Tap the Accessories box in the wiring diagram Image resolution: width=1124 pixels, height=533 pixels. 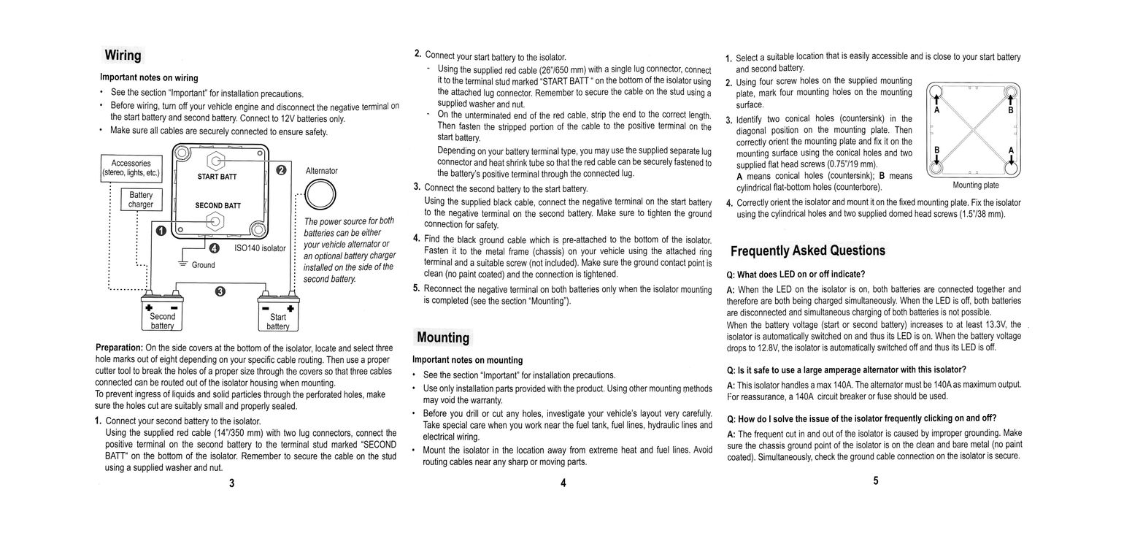(x=131, y=168)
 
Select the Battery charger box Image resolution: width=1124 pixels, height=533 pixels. (x=141, y=199)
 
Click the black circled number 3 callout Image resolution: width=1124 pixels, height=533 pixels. (x=220, y=292)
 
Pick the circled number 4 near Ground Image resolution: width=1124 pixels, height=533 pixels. (x=215, y=248)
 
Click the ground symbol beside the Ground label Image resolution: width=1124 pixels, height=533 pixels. (x=183, y=264)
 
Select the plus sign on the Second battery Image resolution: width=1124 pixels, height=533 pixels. (x=148, y=308)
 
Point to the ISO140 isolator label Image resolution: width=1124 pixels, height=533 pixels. (x=260, y=248)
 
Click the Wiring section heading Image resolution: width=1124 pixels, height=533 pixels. (x=123, y=55)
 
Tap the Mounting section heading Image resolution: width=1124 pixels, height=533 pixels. (x=443, y=337)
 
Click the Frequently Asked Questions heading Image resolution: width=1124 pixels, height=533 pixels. (x=808, y=250)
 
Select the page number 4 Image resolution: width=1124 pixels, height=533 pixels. (x=563, y=482)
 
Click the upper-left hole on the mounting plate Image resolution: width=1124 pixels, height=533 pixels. (x=937, y=93)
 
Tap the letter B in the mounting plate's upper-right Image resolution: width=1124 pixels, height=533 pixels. (x=1011, y=111)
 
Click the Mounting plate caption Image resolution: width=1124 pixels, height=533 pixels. (x=976, y=185)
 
